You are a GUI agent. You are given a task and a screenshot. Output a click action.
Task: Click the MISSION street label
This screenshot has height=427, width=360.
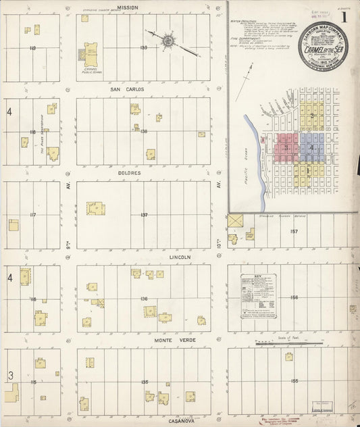127,7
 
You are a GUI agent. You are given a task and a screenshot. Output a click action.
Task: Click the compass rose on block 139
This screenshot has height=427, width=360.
167,41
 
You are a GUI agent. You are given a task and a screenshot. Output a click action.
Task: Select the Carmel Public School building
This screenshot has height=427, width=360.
90,53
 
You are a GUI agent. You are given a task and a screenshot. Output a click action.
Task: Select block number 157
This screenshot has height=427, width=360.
294,231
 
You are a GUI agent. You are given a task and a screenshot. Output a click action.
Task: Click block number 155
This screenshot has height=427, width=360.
294,382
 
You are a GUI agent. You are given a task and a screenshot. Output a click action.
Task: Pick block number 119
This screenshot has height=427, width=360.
32,49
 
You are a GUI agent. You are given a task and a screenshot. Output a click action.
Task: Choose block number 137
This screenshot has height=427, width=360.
144,215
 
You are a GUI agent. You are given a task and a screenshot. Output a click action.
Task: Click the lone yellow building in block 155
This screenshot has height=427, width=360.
288,357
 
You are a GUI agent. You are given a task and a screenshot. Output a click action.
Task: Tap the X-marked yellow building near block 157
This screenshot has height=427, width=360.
235,220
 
